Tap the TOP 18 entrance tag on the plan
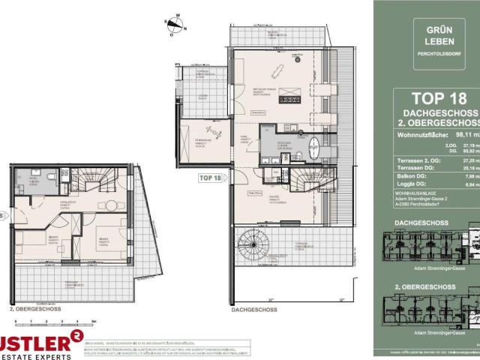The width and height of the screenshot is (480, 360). [x=211, y=178]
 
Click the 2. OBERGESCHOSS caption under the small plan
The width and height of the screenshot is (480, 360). [x=30, y=308]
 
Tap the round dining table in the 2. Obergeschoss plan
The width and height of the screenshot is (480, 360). [x=110, y=205]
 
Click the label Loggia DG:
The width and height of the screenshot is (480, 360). [x=411, y=184]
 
